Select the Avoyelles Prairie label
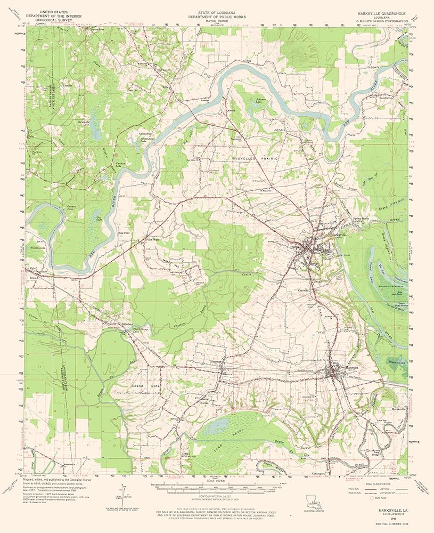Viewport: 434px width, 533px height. click(254, 159)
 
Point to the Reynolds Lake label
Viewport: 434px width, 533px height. click(99, 122)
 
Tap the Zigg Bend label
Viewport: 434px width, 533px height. click(124, 233)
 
